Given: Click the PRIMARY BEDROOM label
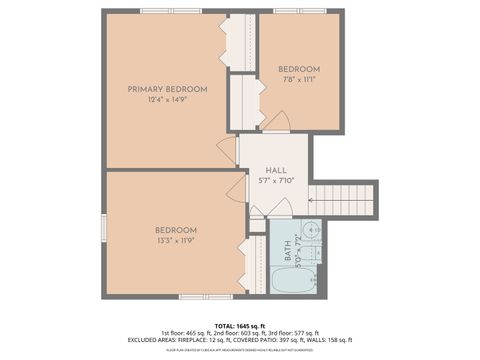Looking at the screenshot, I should point(167,89).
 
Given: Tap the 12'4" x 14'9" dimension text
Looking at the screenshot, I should point(167,99).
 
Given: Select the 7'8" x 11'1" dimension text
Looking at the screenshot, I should point(298,79).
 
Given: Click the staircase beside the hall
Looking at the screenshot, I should point(344,199).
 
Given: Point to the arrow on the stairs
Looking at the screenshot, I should point(330,199).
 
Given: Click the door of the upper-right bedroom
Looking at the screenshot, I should point(276,121).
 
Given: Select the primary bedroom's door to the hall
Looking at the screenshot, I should point(228,151).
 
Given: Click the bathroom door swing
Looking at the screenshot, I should point(281,207).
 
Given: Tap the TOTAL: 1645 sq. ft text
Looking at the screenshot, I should point(239,325).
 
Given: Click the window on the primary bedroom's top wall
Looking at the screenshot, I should point(170,11).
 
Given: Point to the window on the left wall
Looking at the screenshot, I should point(104,228).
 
